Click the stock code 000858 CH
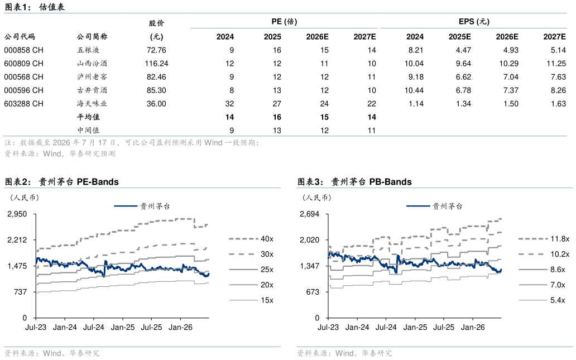click(x=24, y=50)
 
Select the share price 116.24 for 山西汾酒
click(x=156, y=64)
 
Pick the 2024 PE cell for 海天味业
click(x=229, y=104)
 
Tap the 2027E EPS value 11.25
click(x=556, y=64)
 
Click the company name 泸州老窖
click(x=92, y=77)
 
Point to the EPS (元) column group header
click(x=474, y=21)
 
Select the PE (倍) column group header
click(x=284, y=21)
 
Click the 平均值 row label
click(x=88, y=117)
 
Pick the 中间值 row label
click(x=88, y=130)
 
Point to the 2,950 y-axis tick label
click(x=17, y=214)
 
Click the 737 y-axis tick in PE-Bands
click(x=20, y=292)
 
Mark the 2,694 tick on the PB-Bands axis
click(x=310, y=214)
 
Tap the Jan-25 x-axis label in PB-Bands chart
click(x=415, y=327)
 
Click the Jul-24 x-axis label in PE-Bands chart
click(x=94, y=327)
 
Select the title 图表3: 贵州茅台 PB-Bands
click(x=354, y=181)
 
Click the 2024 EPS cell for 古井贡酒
click(x=414, y=90)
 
